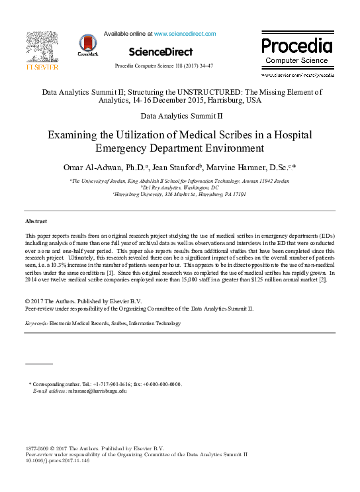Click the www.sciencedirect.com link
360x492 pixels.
[x=185, y=33]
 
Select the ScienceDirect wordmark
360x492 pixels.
[x=161, y=52]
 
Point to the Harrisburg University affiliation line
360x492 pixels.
[x=180, y=195]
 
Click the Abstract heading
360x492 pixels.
[x=36, y=221]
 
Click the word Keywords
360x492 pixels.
[x=37, y=323]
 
